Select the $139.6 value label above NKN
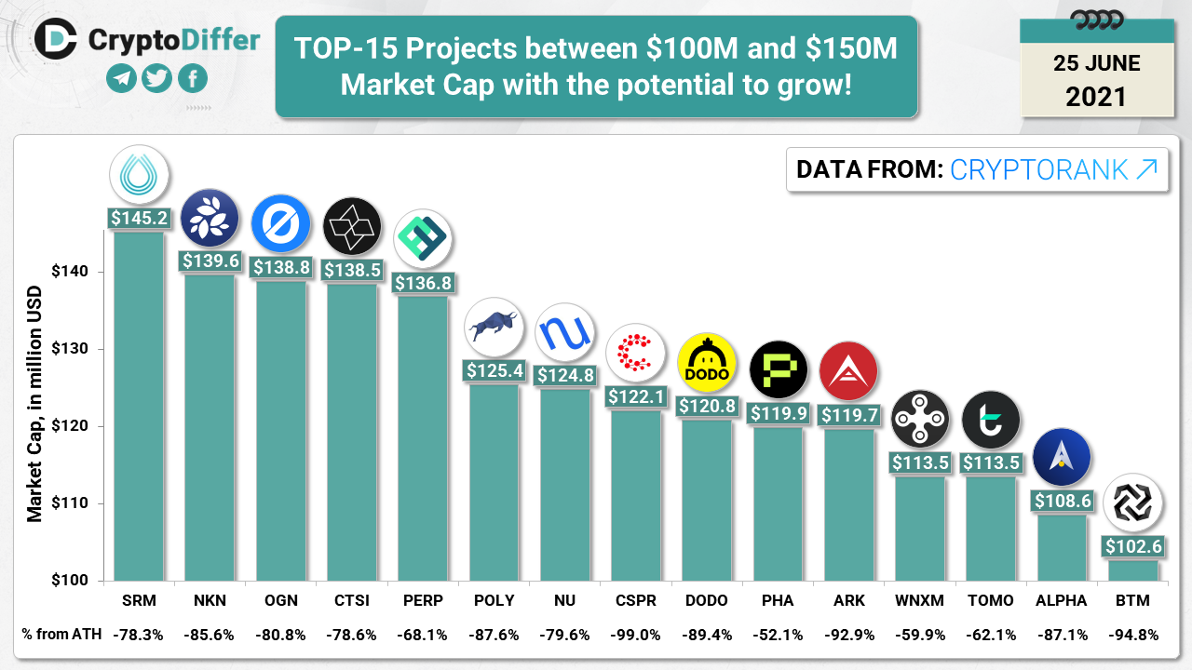210,261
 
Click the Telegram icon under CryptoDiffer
121,79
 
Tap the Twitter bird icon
156,79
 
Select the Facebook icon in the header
192,79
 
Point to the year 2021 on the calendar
1096,96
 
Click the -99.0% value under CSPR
635,635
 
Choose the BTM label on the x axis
1131,600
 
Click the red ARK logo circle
848,370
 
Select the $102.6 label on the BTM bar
1132,546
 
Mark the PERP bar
422,437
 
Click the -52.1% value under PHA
777,635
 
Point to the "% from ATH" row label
60,635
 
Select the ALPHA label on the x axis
1061,600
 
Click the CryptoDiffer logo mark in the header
55,38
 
